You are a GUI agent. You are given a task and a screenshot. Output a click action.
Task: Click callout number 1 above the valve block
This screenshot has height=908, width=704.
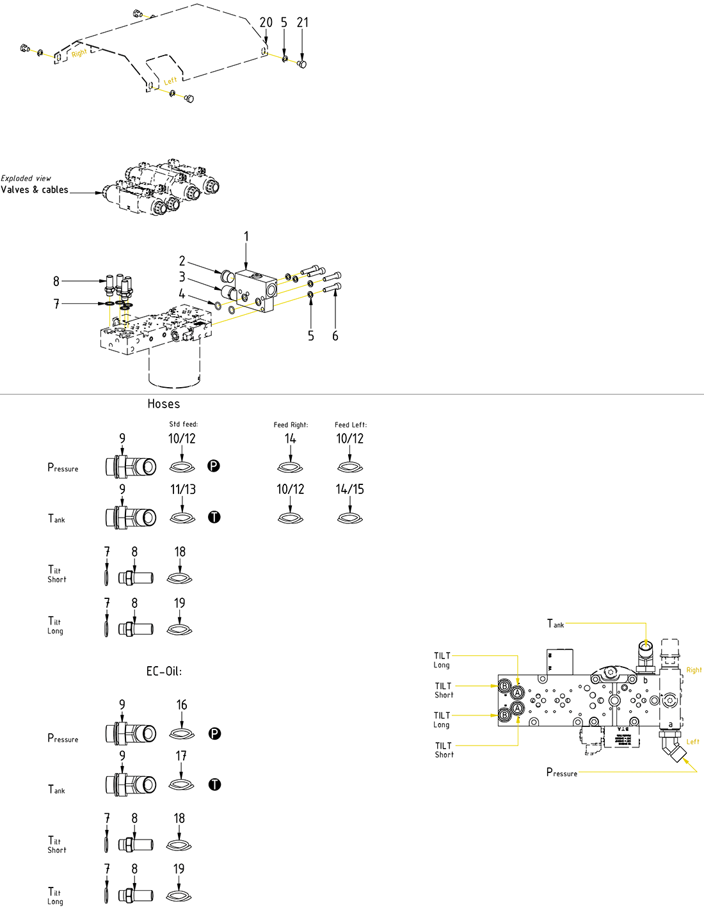click(246, 237)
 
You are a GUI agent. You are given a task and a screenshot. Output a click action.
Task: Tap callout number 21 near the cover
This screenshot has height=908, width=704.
click(303, 22)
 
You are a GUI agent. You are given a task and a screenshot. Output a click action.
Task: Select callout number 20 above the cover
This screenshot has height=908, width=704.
click(266, 22)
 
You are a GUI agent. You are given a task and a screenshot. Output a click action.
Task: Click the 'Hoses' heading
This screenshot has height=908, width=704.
click(164, 404)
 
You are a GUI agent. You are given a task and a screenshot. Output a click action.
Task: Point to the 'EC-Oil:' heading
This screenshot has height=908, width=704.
click(164, 671)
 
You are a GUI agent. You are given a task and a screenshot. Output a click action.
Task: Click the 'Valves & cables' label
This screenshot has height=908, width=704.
click(35, 189)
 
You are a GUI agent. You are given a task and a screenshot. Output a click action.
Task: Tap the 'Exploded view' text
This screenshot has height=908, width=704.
click(26, 179)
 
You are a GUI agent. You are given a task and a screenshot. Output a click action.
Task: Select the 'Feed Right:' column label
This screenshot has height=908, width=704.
click(291, 425)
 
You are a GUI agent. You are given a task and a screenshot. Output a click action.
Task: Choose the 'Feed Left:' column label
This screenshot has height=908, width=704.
click(351, 425)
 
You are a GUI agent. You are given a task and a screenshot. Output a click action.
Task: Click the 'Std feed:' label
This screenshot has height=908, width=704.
click(184, 424)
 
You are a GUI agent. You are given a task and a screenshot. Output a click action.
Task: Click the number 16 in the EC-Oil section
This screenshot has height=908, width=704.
click(182, 705)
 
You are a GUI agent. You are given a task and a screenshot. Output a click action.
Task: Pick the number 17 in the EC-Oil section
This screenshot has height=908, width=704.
click(182, 756)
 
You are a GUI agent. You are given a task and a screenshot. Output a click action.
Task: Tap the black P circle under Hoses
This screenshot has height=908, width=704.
click(214, 466)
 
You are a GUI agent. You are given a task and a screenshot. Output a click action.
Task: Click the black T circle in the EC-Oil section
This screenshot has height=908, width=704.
click(214, 785)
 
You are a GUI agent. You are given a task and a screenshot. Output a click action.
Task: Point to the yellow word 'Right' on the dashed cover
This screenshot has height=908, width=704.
click(79, 54)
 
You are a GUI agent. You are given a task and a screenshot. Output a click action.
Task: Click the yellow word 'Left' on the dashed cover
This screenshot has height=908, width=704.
click(170, 81)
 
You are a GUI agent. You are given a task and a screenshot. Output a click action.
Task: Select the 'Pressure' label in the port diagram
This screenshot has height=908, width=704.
click(561, 772)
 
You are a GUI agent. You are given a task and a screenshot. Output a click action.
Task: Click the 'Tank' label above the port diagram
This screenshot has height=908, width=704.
click(556, 624)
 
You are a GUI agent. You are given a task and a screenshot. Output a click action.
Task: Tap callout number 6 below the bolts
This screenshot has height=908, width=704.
click(335, 336)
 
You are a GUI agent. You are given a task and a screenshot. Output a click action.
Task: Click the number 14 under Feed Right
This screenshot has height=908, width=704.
click(291, 438)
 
